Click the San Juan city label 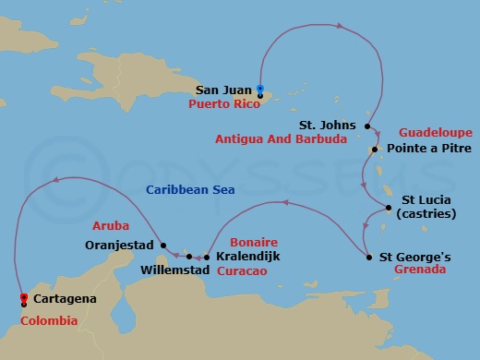(x=223, y=90)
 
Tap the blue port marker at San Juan (x=260, y=90)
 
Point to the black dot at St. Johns (x=367, y=126)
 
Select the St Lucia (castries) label (x=432, y=208)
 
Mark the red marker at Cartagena (x=22, y=298)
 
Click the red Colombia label (x=48, y=320)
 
